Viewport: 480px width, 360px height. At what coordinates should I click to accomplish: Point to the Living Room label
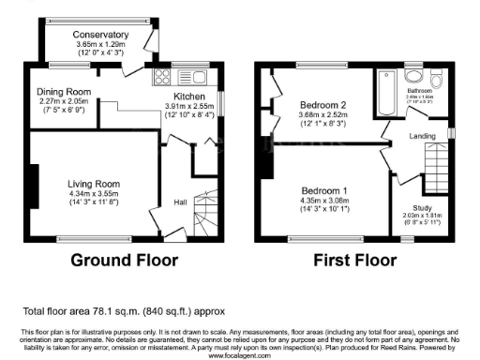tap(93, 183)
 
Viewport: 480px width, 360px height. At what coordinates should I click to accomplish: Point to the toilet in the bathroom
tap(431, 78)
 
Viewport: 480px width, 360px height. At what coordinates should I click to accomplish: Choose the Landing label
tap(425, 137)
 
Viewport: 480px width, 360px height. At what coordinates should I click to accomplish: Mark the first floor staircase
tap(434, 174)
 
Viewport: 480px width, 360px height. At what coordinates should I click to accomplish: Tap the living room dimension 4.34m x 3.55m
tap(93, 194)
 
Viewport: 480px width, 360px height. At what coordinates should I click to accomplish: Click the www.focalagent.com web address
tap(239, 355)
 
